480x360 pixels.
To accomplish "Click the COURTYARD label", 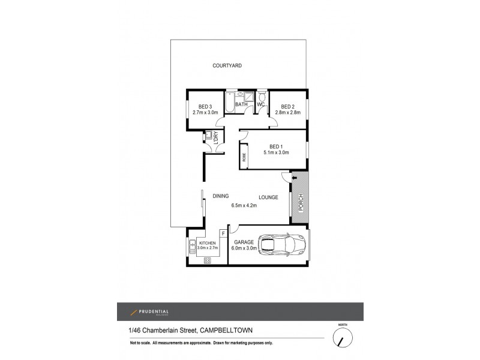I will click(227, 65).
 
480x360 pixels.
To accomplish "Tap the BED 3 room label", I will click(199, 107).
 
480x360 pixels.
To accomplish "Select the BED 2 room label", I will click(289, 107).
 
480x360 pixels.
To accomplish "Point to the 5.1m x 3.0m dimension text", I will click(275, 152).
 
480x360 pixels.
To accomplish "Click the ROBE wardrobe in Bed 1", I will click(244, 157).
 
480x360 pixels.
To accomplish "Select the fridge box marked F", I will click(223, 233).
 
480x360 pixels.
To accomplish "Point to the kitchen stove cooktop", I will click(208, 260).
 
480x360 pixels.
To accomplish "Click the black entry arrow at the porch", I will click(294, 178).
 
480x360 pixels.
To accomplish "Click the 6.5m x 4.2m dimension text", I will click(244, 206).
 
